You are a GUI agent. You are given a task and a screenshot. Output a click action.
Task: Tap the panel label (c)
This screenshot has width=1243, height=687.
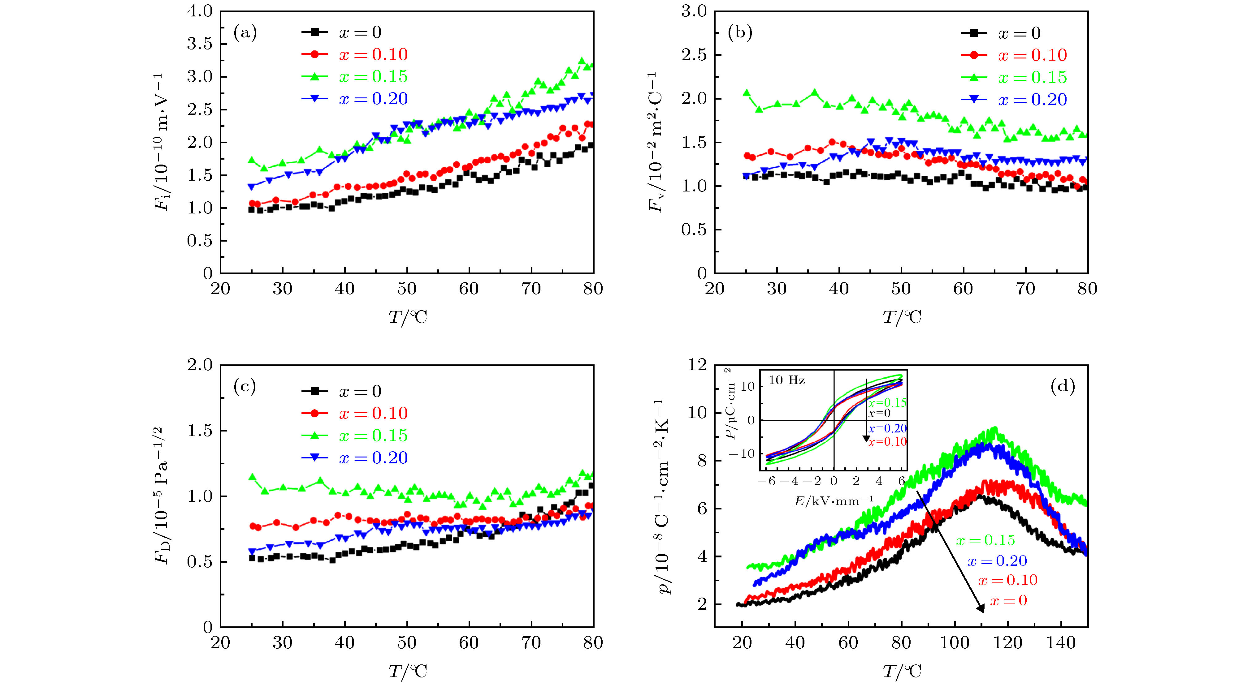coord(245,387)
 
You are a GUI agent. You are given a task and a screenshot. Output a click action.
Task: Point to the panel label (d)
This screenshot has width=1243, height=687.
coord(1063,387)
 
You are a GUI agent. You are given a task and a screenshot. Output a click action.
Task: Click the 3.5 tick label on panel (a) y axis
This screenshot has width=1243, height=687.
coord(200,44)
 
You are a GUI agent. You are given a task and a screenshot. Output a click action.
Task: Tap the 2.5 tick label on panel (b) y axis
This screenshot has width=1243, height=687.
coord(694,55)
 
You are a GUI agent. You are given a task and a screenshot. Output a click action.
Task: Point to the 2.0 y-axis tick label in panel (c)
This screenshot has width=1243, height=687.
coord(200,365)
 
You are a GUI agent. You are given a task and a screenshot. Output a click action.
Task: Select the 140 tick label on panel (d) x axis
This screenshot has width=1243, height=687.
coord(1061,643)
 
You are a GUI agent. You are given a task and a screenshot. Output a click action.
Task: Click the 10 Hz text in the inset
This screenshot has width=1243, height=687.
coord(786,380)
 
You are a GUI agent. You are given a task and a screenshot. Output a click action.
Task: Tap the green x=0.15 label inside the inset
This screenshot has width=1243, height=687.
coord(887,402)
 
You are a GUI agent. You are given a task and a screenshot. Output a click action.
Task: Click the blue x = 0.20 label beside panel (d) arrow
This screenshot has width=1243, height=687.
coord(997,561)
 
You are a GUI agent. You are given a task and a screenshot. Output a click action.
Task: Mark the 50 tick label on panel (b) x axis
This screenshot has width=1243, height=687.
coord(901,289)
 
